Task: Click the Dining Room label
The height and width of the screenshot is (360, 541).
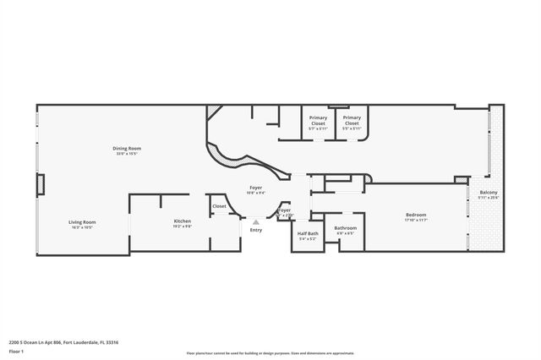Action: point(125,149)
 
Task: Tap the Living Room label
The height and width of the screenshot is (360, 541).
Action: point(82,221)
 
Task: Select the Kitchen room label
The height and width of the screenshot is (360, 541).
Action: point(183,221)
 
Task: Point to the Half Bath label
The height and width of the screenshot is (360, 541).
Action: point(308,233)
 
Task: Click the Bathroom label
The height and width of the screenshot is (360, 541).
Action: point(345,228)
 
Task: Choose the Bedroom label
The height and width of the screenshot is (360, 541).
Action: point(415,215)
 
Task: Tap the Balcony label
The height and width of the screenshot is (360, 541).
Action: point(489,193)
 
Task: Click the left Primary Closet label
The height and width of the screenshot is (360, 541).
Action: point(318,120)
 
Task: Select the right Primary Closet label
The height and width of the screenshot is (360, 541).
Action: point(352,120)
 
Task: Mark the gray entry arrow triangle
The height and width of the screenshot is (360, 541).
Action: point(256,222)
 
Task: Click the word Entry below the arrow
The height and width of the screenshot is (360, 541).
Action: point(256,230)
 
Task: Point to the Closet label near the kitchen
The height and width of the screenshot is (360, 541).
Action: point(219,205)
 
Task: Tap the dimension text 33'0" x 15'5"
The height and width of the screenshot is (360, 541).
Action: point(125,154)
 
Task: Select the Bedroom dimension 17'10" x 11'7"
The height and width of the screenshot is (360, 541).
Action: point(415,220)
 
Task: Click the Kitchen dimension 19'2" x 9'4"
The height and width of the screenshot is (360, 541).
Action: point(183,226)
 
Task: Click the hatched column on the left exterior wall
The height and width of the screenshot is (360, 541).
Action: point(40,184)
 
